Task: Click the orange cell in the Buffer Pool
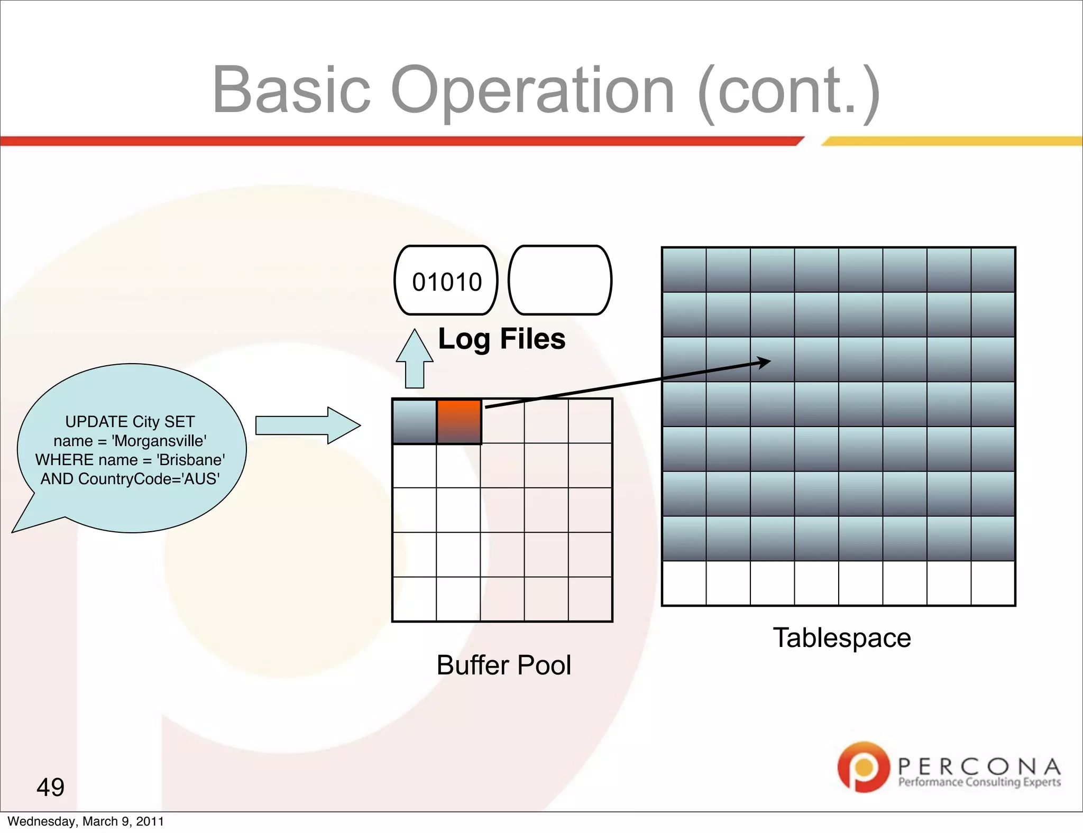pyautogui.click(x=458, y=421)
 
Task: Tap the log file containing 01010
pyautogui.click(x=446, y=281)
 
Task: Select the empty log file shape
pyautogui.click(x=559, y=281)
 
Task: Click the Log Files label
pyautogui.click(x=501, y=339)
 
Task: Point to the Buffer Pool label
pyautogui.click(x=503, y=665)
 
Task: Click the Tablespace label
pyautogui.click(x=842, y=637)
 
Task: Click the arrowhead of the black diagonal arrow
pyautogui.click(x=764, y=362)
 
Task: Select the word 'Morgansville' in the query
pyautogui.click(x=159, y=441)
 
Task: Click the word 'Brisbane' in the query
pyautogui.click(x=191, y=460)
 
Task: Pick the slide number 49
pyautogui.click(x=50, y=787)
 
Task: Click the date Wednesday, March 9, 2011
pyautogui.click(x=86, y=821)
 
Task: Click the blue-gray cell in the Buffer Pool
pyautogui.click(x=414, y=421)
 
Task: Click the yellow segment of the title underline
pyautogui.click(x=952, y=141)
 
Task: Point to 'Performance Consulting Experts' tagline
pyautogui.click(x=979, y=782)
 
